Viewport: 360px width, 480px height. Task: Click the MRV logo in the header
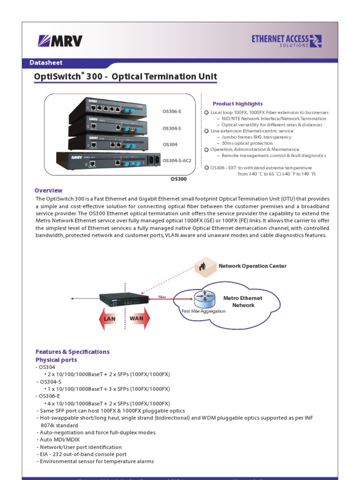60,41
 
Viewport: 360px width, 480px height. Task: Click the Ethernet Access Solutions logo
286,41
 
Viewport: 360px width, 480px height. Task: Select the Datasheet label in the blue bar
46,62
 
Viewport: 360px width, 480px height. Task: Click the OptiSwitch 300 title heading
126,77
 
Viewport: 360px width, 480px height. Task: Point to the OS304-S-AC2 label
177,160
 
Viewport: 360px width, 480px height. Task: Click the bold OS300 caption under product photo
178,179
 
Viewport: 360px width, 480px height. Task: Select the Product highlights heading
238,104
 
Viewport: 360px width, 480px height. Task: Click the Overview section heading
48,190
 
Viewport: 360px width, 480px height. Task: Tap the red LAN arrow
109,319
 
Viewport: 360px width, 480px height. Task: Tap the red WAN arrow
137,319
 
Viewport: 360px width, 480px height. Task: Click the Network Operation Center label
252,266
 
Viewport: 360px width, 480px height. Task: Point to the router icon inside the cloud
205,299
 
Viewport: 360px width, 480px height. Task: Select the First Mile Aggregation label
203,311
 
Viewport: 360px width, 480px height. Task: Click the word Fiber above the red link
162,297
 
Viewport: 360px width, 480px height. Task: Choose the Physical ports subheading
56,360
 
